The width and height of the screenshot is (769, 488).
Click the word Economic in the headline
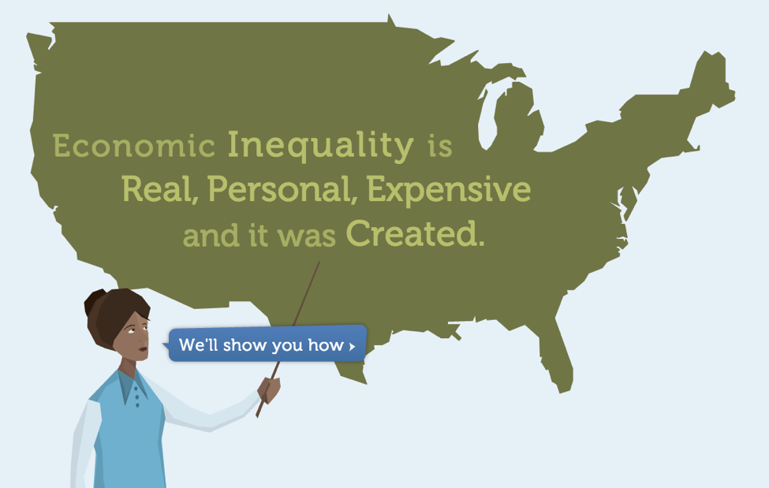[x=134, y=146]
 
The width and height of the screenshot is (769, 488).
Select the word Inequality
[x=321, y=146]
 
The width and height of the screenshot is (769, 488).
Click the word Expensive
[x=449, y=190]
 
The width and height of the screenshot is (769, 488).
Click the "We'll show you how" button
[x=268, y=345]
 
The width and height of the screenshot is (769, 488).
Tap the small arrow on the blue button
[x=352, y=346]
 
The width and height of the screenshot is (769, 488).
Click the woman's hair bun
[x=94, y=300]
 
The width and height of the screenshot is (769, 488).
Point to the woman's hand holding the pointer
[x=269, y=389]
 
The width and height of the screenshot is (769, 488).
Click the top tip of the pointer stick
[x=319, y=262]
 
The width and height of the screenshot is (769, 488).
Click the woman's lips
[x=144, y=349]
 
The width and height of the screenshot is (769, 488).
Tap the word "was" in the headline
[x=307, y=237]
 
